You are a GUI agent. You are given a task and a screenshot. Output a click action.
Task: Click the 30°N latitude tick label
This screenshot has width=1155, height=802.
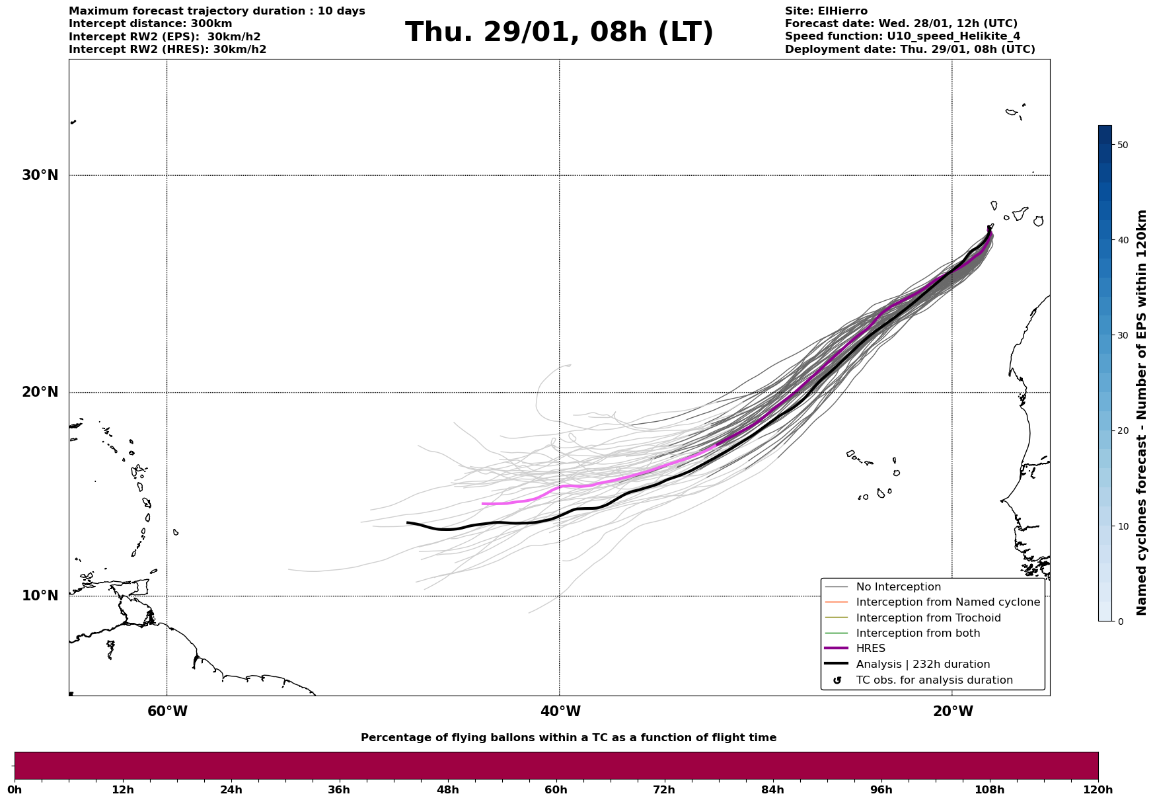40,175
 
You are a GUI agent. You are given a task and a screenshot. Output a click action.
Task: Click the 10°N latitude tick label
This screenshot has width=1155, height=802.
40,596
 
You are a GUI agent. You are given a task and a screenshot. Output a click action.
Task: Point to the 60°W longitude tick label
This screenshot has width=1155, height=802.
167,711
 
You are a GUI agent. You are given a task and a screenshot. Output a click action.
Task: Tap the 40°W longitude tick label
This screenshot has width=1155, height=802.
560,711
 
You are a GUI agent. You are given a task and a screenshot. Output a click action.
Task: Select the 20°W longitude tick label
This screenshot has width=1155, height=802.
953,711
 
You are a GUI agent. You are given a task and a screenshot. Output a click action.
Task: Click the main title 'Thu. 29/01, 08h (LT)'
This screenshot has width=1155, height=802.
559,32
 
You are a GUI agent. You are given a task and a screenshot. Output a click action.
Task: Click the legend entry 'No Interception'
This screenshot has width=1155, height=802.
898,587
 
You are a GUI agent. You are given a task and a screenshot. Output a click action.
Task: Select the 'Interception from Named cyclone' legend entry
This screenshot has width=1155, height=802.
948,602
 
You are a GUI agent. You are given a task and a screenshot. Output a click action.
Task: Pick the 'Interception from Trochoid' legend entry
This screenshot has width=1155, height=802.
928,618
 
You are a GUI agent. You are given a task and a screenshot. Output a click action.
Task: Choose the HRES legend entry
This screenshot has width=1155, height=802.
870,649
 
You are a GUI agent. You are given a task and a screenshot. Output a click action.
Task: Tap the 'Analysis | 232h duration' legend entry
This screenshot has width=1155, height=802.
922,664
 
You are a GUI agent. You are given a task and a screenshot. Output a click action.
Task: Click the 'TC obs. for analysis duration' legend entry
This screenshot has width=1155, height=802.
934,680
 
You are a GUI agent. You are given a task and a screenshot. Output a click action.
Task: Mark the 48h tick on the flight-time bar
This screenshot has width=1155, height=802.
447,789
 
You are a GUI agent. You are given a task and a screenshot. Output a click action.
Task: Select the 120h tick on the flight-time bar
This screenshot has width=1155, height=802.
1098,789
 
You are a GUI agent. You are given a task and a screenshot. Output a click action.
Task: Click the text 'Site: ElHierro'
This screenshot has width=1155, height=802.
826,11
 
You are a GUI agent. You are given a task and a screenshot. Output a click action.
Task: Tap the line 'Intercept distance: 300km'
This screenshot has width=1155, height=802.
151,24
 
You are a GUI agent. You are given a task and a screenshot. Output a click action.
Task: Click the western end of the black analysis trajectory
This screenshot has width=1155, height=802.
408,523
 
